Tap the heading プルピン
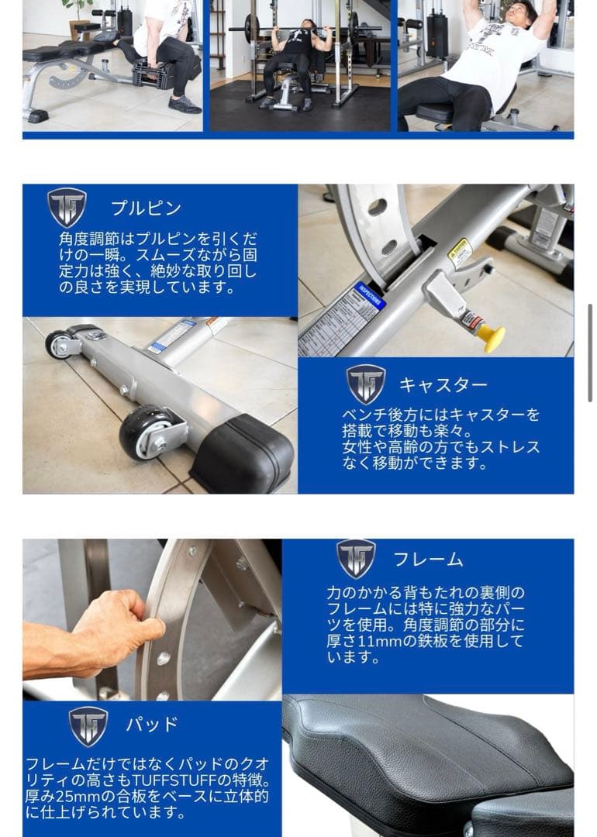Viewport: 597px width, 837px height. tap(146, 208)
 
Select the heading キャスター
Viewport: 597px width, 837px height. tap(443, 384)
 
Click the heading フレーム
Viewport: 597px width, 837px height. tap(428, 559)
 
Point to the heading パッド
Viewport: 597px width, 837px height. tap(152, 725)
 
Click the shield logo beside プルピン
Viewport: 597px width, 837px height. tap(67, 207)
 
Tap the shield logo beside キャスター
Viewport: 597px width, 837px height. tap(366, 384)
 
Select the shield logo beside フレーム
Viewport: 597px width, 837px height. tap(356, 558)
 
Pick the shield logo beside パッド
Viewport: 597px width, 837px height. tap(88, 725)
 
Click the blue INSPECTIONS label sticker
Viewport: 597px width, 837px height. tap(369, 296)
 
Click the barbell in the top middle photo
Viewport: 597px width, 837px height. tap(302, 29)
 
